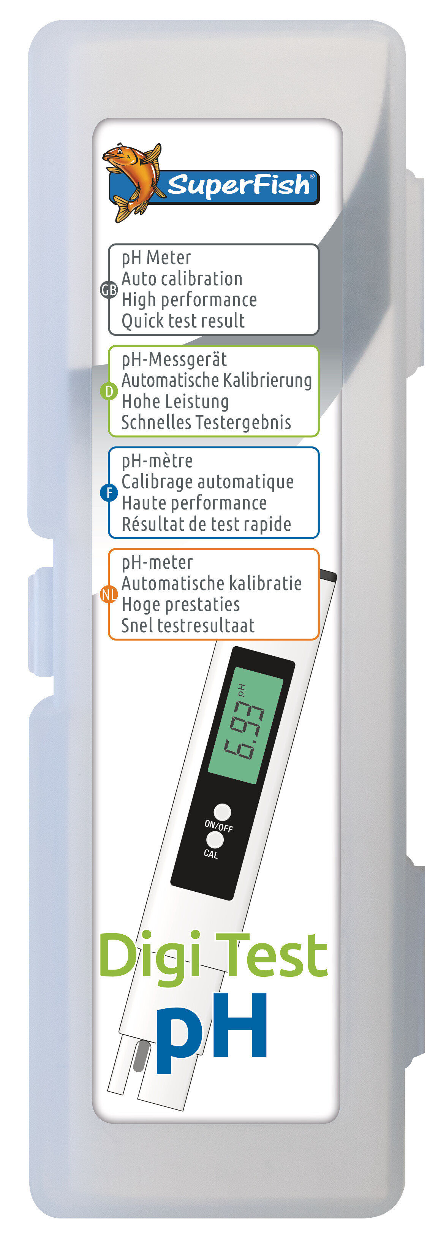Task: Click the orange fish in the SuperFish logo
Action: pyautogui.click(x=133, y=181)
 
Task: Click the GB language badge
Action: pyautogui.click(x=109, y=290)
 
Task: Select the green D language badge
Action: pyautogui.click(x=109, y=391)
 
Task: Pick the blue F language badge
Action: pyautogui.click(x=109, y=493)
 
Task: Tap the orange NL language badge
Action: pyautogui.click(x=109, y=595)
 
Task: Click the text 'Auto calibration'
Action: pyautogui.click(x=182, y=278)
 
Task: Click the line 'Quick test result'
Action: pyautogui.click(x=183, y=321)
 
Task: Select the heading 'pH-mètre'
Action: pyautogui.click(x=157, y=461)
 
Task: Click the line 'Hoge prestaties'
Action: pyautogui.click(x=181, y=604)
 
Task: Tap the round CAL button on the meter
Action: pyautogui.click(x=215, y=840)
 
